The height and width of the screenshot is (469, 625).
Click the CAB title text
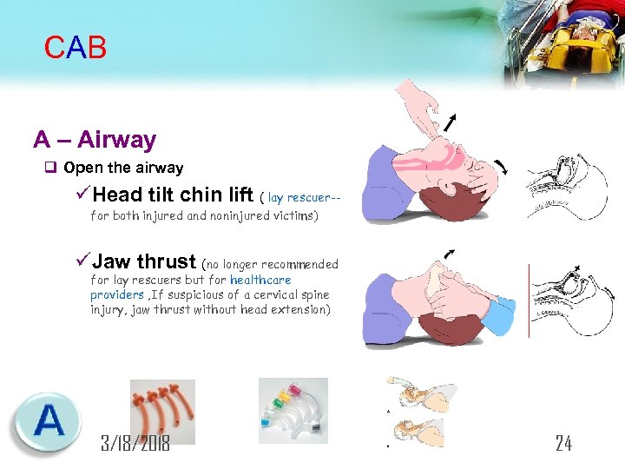click(x=76, y=48)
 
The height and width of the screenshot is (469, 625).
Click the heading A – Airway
click(x=95, y=140)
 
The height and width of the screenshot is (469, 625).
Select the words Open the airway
click(x=123, y=168)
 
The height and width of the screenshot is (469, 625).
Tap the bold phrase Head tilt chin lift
click(x=173, y=194)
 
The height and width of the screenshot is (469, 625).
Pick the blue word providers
click(x=118, y=294)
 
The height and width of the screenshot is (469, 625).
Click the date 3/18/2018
click(x=135, y=443)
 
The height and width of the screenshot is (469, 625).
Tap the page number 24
click(x=563, y=443)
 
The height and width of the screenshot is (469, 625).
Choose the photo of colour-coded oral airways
click(x=293, y=410)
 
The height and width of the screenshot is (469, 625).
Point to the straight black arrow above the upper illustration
click(x=451, y=122)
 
